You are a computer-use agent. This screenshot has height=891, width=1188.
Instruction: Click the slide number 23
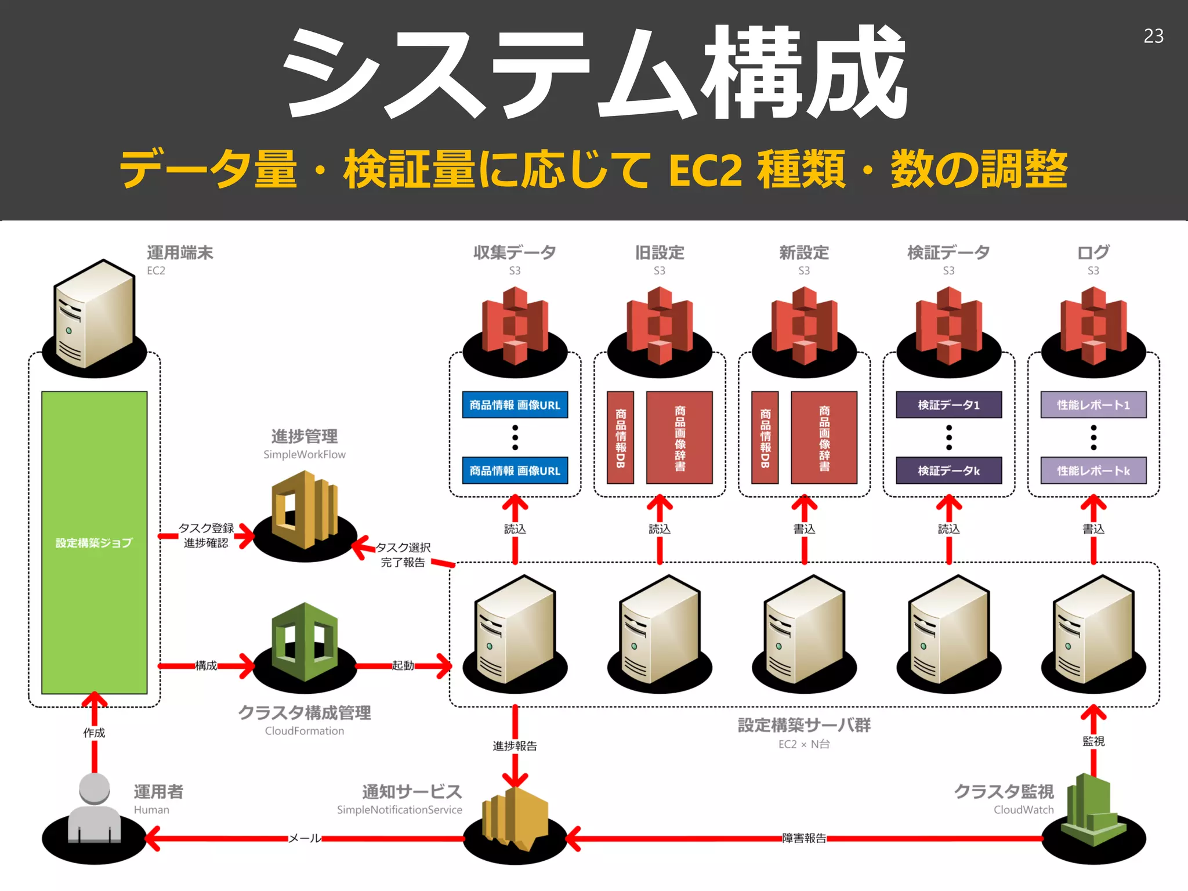click(x=1153, y=36)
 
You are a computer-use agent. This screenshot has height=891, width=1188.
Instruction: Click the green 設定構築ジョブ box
click(x=94, y=542)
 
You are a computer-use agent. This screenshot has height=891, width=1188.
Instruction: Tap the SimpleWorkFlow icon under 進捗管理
click(x=305, y=510)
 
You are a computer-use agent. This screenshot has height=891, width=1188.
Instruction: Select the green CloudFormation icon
click(x=305, y=641)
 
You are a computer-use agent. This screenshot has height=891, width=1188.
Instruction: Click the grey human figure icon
click(x=94, y=809)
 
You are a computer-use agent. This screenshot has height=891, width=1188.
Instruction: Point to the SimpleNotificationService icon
click(x=515, y=818)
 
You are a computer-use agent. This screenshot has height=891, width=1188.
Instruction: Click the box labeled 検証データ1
click(x=948, y=405)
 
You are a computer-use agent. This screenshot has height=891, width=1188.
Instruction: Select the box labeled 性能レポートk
click(x=1093, y=470)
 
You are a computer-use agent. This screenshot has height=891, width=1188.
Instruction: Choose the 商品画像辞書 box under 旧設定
click(x=679, y=437)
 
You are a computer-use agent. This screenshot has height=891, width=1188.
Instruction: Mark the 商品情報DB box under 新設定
click(x=765, y=437)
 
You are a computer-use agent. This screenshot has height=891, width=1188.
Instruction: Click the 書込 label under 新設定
click(x=804, y=528)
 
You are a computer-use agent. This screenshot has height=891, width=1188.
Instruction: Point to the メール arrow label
click(x=305, y=838)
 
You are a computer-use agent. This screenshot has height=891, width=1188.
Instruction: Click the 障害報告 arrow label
click(x=804, y=838)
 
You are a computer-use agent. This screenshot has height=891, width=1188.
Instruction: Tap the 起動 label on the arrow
click(x=403, y=665)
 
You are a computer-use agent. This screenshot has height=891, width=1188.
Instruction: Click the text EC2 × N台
click(x=804, y=744)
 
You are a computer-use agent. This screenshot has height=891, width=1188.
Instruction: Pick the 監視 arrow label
click(x=1093, y=741)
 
